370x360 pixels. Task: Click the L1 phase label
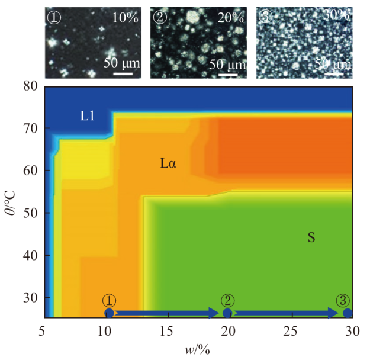click(88, 116)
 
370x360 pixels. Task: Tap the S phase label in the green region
click(311, 237)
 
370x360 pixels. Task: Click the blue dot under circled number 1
click(109, 313)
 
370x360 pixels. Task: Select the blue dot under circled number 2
click(227, 313)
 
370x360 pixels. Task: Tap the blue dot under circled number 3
click(348, 313)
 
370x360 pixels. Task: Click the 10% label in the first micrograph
click(126, 17)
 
